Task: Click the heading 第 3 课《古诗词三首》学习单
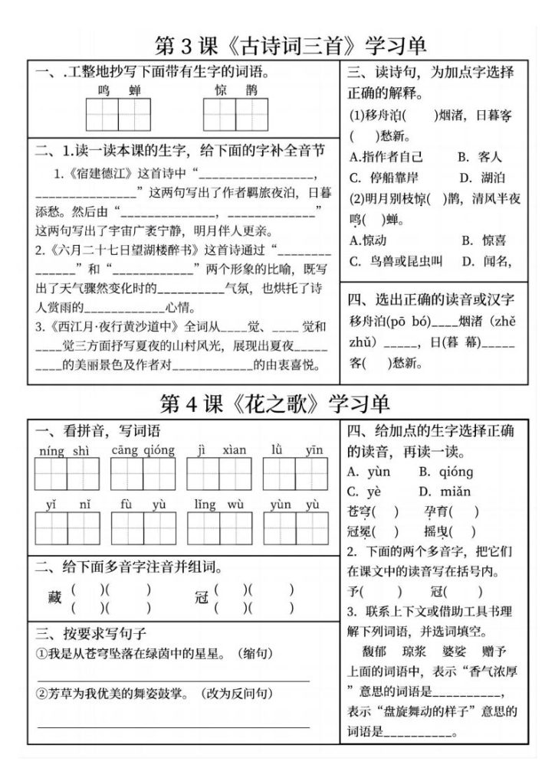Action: [x=291, y=45]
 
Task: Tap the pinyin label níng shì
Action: [x=65, y=451]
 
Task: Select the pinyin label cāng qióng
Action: [x=143, y=450]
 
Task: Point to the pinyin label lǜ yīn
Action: [x=294, y=450]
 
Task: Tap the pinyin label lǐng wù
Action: [x=218, y=505]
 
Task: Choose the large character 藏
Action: [x=54, y=598]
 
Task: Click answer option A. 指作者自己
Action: [x=386, y=157]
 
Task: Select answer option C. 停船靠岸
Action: [x=386, y=178]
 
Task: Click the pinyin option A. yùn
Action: [x=369, y=472]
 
